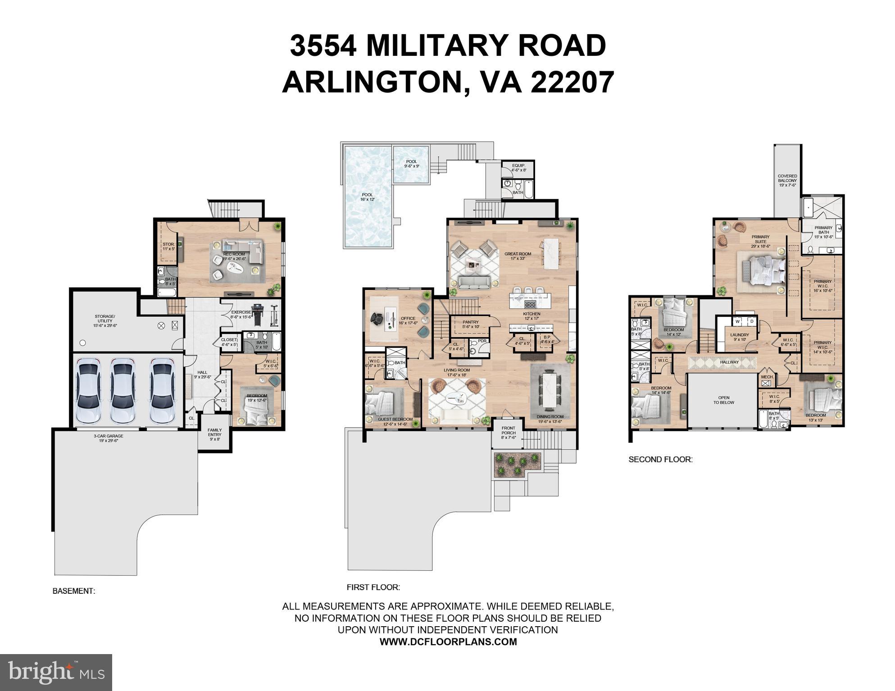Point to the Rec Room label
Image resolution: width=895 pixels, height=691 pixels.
point(234,256)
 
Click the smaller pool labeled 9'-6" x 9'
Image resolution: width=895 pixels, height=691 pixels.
point(411,164)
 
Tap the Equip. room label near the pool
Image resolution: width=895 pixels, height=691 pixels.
point(519,168)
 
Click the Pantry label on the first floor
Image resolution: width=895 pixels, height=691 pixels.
point(471,324)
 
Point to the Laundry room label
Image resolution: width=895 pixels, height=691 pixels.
point(740,337)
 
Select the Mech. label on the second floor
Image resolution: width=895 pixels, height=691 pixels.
point(767,377)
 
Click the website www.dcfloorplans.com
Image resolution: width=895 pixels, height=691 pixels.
point(448,642)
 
